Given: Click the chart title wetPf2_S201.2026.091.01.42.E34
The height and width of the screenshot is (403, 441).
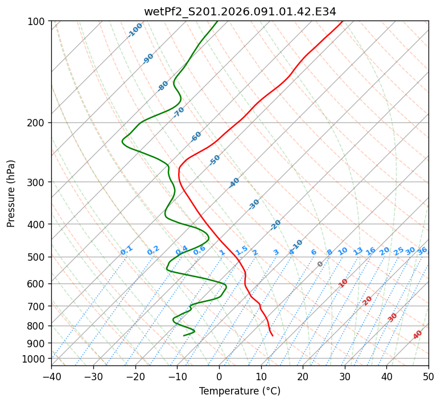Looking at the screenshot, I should tap(240, 11).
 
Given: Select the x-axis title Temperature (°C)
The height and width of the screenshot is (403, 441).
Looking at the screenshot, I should tap(240, 392).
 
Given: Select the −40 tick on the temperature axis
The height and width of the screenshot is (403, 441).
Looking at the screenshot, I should tap(51, 377).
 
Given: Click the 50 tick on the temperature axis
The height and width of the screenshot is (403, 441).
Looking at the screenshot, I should tap(428, 377).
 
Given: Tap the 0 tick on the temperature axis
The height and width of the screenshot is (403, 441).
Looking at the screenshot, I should tap(219, 377).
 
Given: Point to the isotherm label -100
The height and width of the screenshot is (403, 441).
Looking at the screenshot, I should tap(135, 30).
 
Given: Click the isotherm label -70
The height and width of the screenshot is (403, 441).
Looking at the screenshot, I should tap(179, 112).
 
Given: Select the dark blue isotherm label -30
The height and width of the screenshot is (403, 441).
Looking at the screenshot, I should tap(254, 204).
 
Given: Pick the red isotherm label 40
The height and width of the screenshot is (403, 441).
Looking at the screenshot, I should tap(418, 335).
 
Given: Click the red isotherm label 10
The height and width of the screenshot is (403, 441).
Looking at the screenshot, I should tap(343, 283).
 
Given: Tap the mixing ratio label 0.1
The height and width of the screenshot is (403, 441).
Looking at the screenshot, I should tap(126, 250).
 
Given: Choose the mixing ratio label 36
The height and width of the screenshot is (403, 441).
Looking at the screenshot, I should tap(422, 250).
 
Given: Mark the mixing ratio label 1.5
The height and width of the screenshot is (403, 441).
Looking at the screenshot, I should tap(241, 250).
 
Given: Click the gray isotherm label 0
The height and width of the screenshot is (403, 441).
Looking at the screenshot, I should tap(320, 264).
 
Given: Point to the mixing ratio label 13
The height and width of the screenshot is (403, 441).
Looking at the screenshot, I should tap(358, 251).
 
